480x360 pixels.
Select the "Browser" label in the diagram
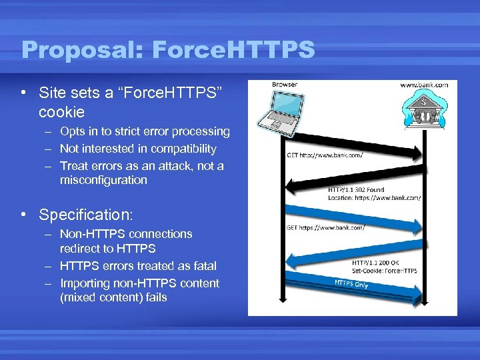coord(285,85)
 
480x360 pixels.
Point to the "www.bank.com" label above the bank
coord(423,85)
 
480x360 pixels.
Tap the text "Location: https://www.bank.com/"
coord(374,198)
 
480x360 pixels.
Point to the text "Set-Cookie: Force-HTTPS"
coord(385,271)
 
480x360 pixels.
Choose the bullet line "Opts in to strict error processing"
coord(145,131)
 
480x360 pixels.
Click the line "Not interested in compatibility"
coord(138,149)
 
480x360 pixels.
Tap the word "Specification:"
coord(86,215)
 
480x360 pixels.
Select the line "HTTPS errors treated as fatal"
coord(138,266)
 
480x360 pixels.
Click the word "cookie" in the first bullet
coord(61,111)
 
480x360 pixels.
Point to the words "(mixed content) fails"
coord(113,297)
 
